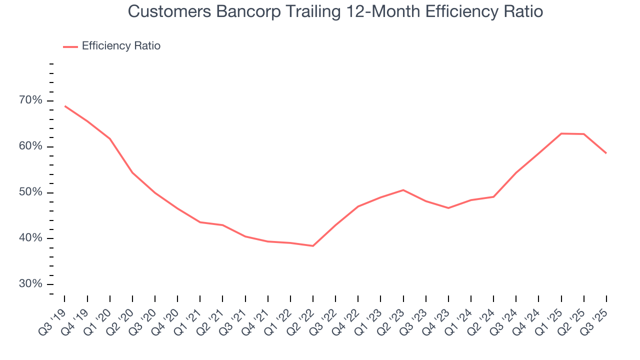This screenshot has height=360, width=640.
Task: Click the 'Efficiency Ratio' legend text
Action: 121,46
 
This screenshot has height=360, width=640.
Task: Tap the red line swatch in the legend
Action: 70,46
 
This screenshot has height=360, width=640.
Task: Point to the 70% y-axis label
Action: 31,100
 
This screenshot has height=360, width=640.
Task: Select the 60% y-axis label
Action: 31,146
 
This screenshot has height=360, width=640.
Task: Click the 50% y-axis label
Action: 31,192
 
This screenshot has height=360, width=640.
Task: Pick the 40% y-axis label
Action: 31,238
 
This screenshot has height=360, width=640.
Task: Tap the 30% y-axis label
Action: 31,284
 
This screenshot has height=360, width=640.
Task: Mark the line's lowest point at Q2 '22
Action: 313,246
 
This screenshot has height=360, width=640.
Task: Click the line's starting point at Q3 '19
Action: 65,106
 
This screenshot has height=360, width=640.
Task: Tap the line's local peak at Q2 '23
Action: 403,190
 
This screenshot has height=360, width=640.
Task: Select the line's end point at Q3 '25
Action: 606,153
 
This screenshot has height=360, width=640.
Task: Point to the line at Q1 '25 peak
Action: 561,133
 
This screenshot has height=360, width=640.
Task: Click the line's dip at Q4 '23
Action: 448,208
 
